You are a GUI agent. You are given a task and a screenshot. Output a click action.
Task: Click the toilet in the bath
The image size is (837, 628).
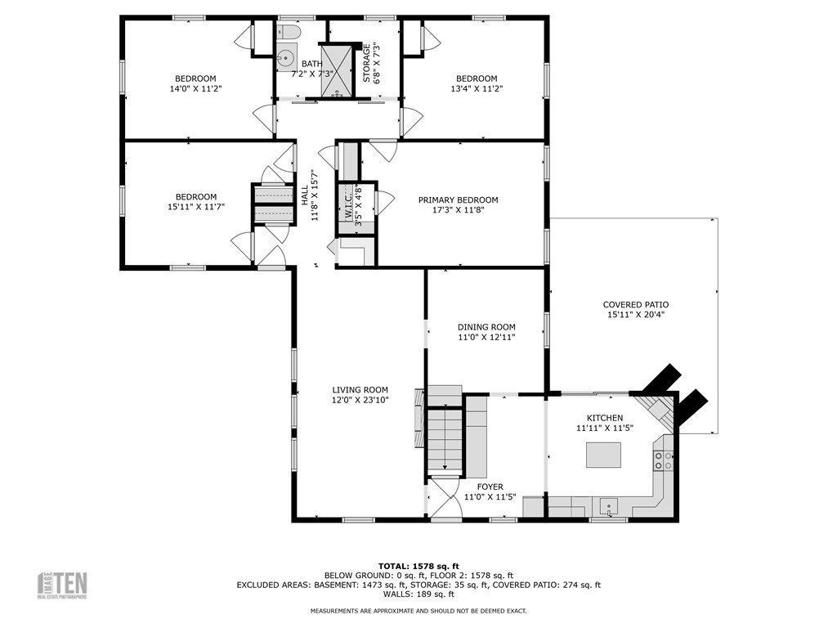(287, 32)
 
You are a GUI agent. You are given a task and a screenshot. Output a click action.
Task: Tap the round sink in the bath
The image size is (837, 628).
(287, 56)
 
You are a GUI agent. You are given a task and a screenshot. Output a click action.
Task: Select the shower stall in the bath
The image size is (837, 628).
(337, 70)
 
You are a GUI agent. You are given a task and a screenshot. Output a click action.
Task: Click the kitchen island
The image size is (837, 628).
(603, 455)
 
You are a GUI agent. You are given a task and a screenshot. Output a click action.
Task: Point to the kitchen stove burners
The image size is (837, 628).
(663, 460)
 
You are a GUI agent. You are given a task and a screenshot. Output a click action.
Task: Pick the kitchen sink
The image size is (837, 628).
(608, 505)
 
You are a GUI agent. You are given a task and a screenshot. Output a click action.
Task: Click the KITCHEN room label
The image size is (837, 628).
(605, 418)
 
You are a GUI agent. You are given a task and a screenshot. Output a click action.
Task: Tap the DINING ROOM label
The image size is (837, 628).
(486, 327)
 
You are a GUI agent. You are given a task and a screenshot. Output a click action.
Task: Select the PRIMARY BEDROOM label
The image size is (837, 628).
(458, 200)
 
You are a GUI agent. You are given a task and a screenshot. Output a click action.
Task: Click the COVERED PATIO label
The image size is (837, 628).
(636, 304)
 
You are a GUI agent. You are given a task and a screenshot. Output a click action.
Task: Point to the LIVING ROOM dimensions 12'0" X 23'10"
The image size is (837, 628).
(360, 399)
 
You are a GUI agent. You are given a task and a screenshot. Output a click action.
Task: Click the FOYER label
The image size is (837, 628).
(490, 487)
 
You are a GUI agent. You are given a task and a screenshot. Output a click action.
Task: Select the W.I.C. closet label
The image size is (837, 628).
(348, 205)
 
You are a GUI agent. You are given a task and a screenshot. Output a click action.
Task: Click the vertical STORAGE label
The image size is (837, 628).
(367, 62)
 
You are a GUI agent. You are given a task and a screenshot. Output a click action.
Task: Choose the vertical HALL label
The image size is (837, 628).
(304, 195)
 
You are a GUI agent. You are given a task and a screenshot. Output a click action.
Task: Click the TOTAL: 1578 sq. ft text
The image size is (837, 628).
(418, 566)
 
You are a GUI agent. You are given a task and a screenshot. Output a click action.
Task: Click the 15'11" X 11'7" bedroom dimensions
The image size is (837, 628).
(196, 206)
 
